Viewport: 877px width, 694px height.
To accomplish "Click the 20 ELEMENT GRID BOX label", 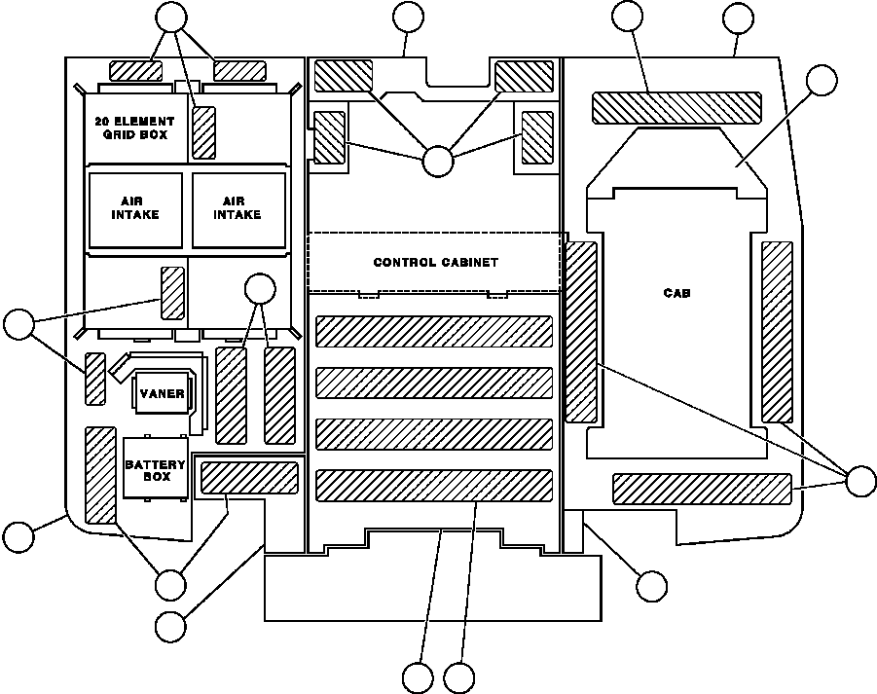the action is coord(134,128).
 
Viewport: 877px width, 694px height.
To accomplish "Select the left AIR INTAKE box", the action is coord(135,210).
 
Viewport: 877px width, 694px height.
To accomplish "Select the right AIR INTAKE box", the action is coord(238,210).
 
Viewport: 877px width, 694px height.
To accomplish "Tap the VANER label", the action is coord(162,393).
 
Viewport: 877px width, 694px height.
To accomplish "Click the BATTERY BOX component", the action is coord(155,468).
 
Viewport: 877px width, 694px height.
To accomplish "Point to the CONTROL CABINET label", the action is coord(435,262).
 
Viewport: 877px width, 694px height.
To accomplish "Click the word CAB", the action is coord(676,292).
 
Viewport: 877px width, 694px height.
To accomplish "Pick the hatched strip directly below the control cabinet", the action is coord(434,332).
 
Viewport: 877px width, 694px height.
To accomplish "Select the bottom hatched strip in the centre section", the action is coord(434,486).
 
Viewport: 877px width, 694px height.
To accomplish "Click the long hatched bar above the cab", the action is coord(676,108).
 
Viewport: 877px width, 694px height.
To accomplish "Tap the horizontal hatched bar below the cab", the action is coord(703,489).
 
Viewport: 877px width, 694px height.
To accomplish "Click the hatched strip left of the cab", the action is coord(582,332).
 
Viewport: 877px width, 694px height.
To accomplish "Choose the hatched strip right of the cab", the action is coord(778,332).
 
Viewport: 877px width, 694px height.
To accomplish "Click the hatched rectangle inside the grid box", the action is coord(204,133).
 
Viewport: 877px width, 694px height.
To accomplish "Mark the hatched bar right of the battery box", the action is coord(249,478).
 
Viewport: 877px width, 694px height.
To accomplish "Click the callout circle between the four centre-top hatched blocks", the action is coord(437,162).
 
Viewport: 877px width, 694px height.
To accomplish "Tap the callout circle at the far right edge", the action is coord(860,481).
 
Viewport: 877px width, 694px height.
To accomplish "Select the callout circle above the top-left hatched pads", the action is coord(171,18).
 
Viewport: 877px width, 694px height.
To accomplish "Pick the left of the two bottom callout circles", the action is coord(418,677).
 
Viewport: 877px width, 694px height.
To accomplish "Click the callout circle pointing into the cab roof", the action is coord(822,80).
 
